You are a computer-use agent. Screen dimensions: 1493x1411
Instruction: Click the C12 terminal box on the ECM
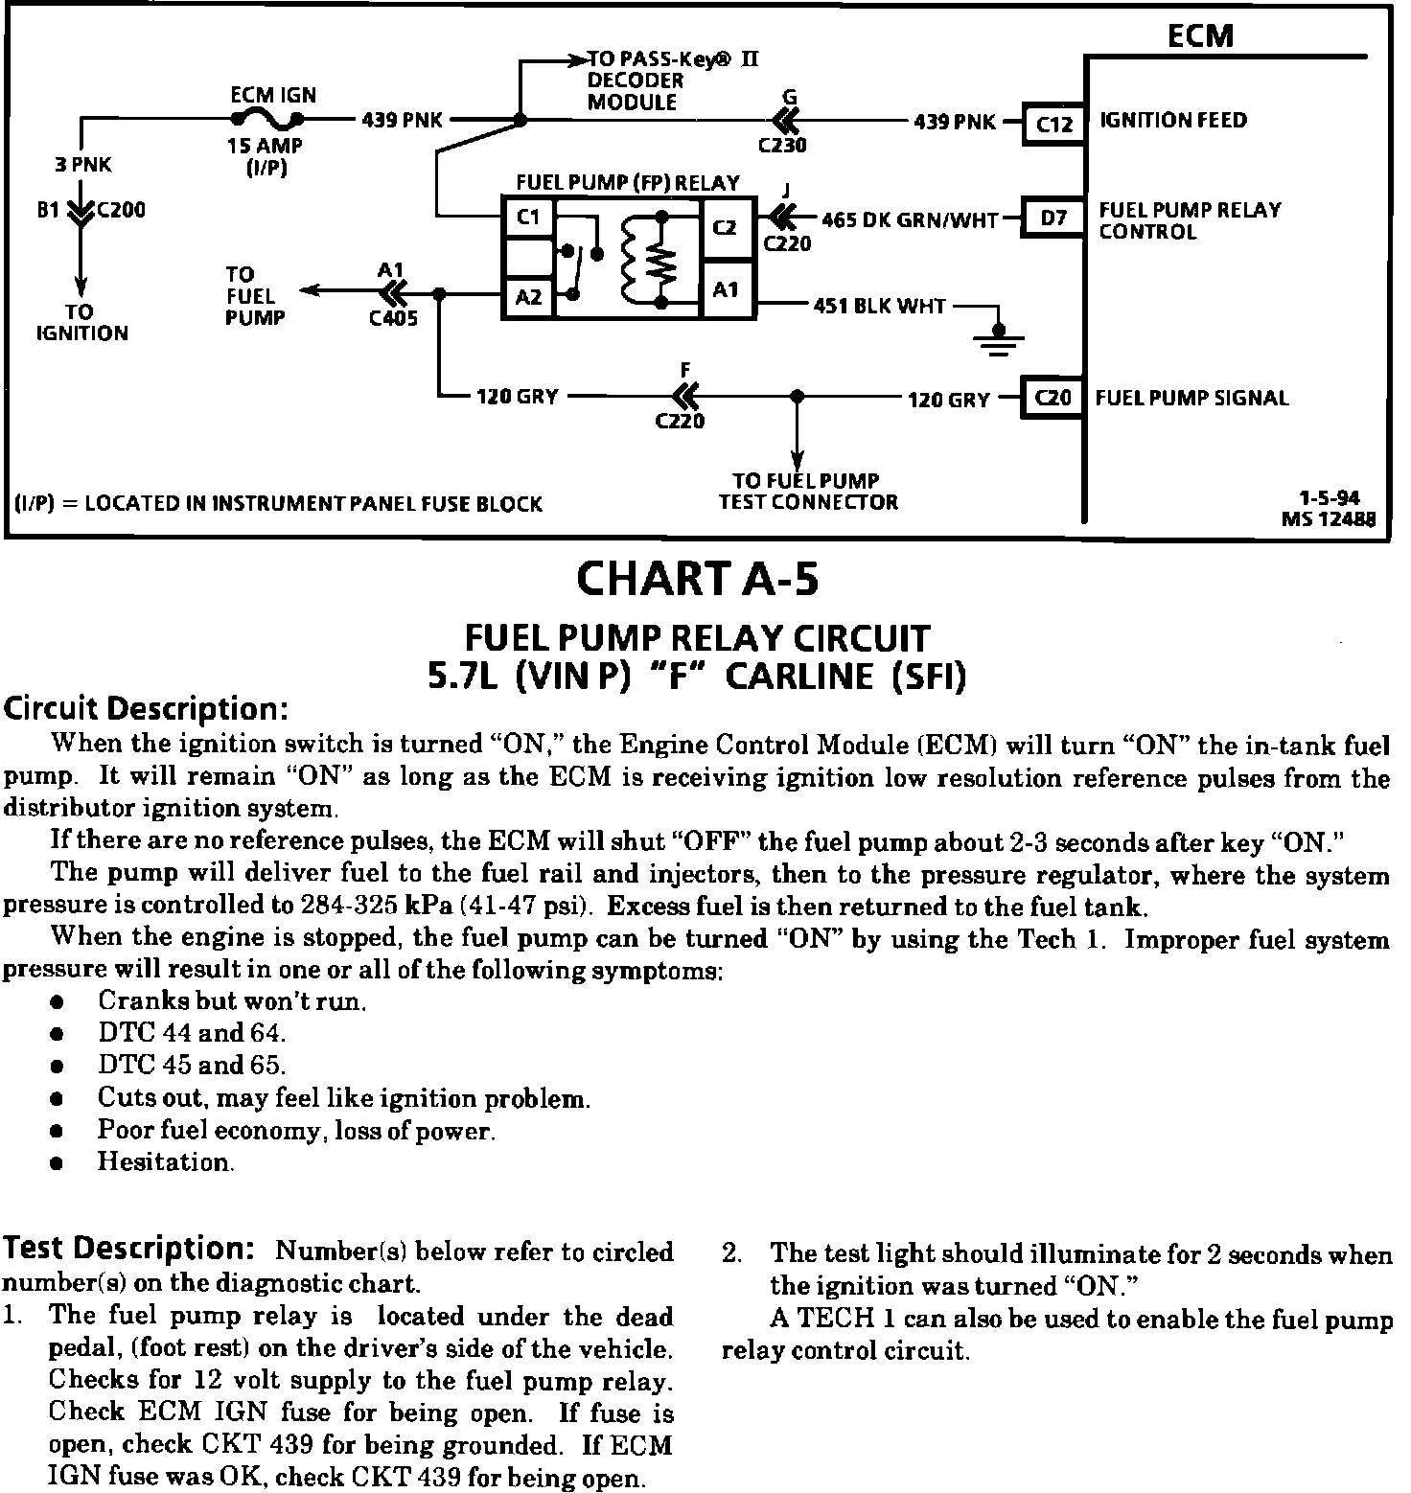point(1053,124)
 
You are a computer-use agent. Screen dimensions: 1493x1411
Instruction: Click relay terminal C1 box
point(528,218)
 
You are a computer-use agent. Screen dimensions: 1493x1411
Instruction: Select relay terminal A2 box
point(528,297)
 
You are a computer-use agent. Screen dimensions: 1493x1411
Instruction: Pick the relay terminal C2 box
point(726,226)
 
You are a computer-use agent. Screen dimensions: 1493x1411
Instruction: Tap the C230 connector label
point(782,146)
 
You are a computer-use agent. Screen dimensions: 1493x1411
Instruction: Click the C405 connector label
point(393,318)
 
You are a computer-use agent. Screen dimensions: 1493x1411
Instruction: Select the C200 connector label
point(122,210)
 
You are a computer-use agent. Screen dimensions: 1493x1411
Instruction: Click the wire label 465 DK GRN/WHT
point(910,219)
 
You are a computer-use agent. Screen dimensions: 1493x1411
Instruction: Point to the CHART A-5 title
point(698,579)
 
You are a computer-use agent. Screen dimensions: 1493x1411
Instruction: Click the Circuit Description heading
point(146,709)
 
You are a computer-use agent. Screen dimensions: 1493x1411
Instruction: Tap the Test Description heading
point(128,1249)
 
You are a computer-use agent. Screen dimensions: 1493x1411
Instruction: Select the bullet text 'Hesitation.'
point(166,1162)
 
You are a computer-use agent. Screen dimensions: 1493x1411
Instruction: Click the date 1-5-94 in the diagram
point(1329,498)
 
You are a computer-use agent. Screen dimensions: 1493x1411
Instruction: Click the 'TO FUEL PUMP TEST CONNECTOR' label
point(808,492)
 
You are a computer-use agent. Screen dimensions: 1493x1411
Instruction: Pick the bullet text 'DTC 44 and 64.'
point(192,1033)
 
